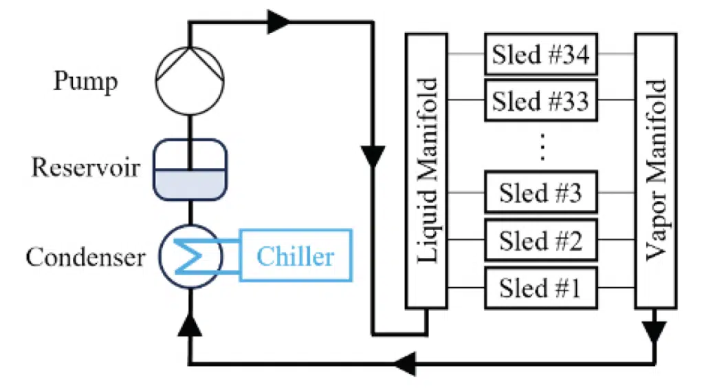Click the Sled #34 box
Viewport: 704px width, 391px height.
coord(541,54)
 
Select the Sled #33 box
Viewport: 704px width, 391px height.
coord(541,101)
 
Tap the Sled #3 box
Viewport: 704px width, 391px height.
coord(541,192)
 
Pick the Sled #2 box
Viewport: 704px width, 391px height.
coord(541,240)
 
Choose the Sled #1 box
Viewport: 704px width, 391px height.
coord(541,288)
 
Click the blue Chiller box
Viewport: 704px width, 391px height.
coord(296,255)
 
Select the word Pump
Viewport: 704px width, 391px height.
coord(85,82)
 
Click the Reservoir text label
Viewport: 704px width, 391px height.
coord(85,168)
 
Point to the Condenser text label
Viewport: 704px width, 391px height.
coord(85,257)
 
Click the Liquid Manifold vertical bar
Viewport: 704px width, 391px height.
coord(426,171)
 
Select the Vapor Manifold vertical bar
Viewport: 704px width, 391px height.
coord(655,171)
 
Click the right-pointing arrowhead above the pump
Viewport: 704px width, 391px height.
coord(278,21)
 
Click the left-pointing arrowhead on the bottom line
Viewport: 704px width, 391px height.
coord(405,363)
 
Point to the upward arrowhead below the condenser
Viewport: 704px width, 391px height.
coord(190,324)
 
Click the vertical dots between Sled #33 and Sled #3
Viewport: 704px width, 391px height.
coord(542,147)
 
